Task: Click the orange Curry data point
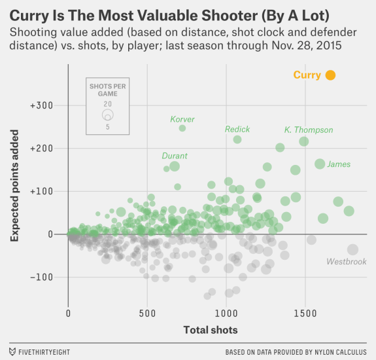330,75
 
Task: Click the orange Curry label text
307,75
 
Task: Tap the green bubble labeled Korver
182,128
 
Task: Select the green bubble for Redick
237,139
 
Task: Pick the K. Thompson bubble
303,141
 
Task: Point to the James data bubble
320,164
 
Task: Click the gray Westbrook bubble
352,249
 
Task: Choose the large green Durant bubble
175,166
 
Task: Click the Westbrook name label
346,262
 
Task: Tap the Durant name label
175,156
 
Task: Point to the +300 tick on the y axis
41,105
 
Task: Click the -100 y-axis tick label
42,277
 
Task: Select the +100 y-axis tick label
41,191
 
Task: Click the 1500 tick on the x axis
304,314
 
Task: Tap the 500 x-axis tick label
147,314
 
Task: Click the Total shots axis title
210,329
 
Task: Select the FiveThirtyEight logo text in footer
44,351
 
